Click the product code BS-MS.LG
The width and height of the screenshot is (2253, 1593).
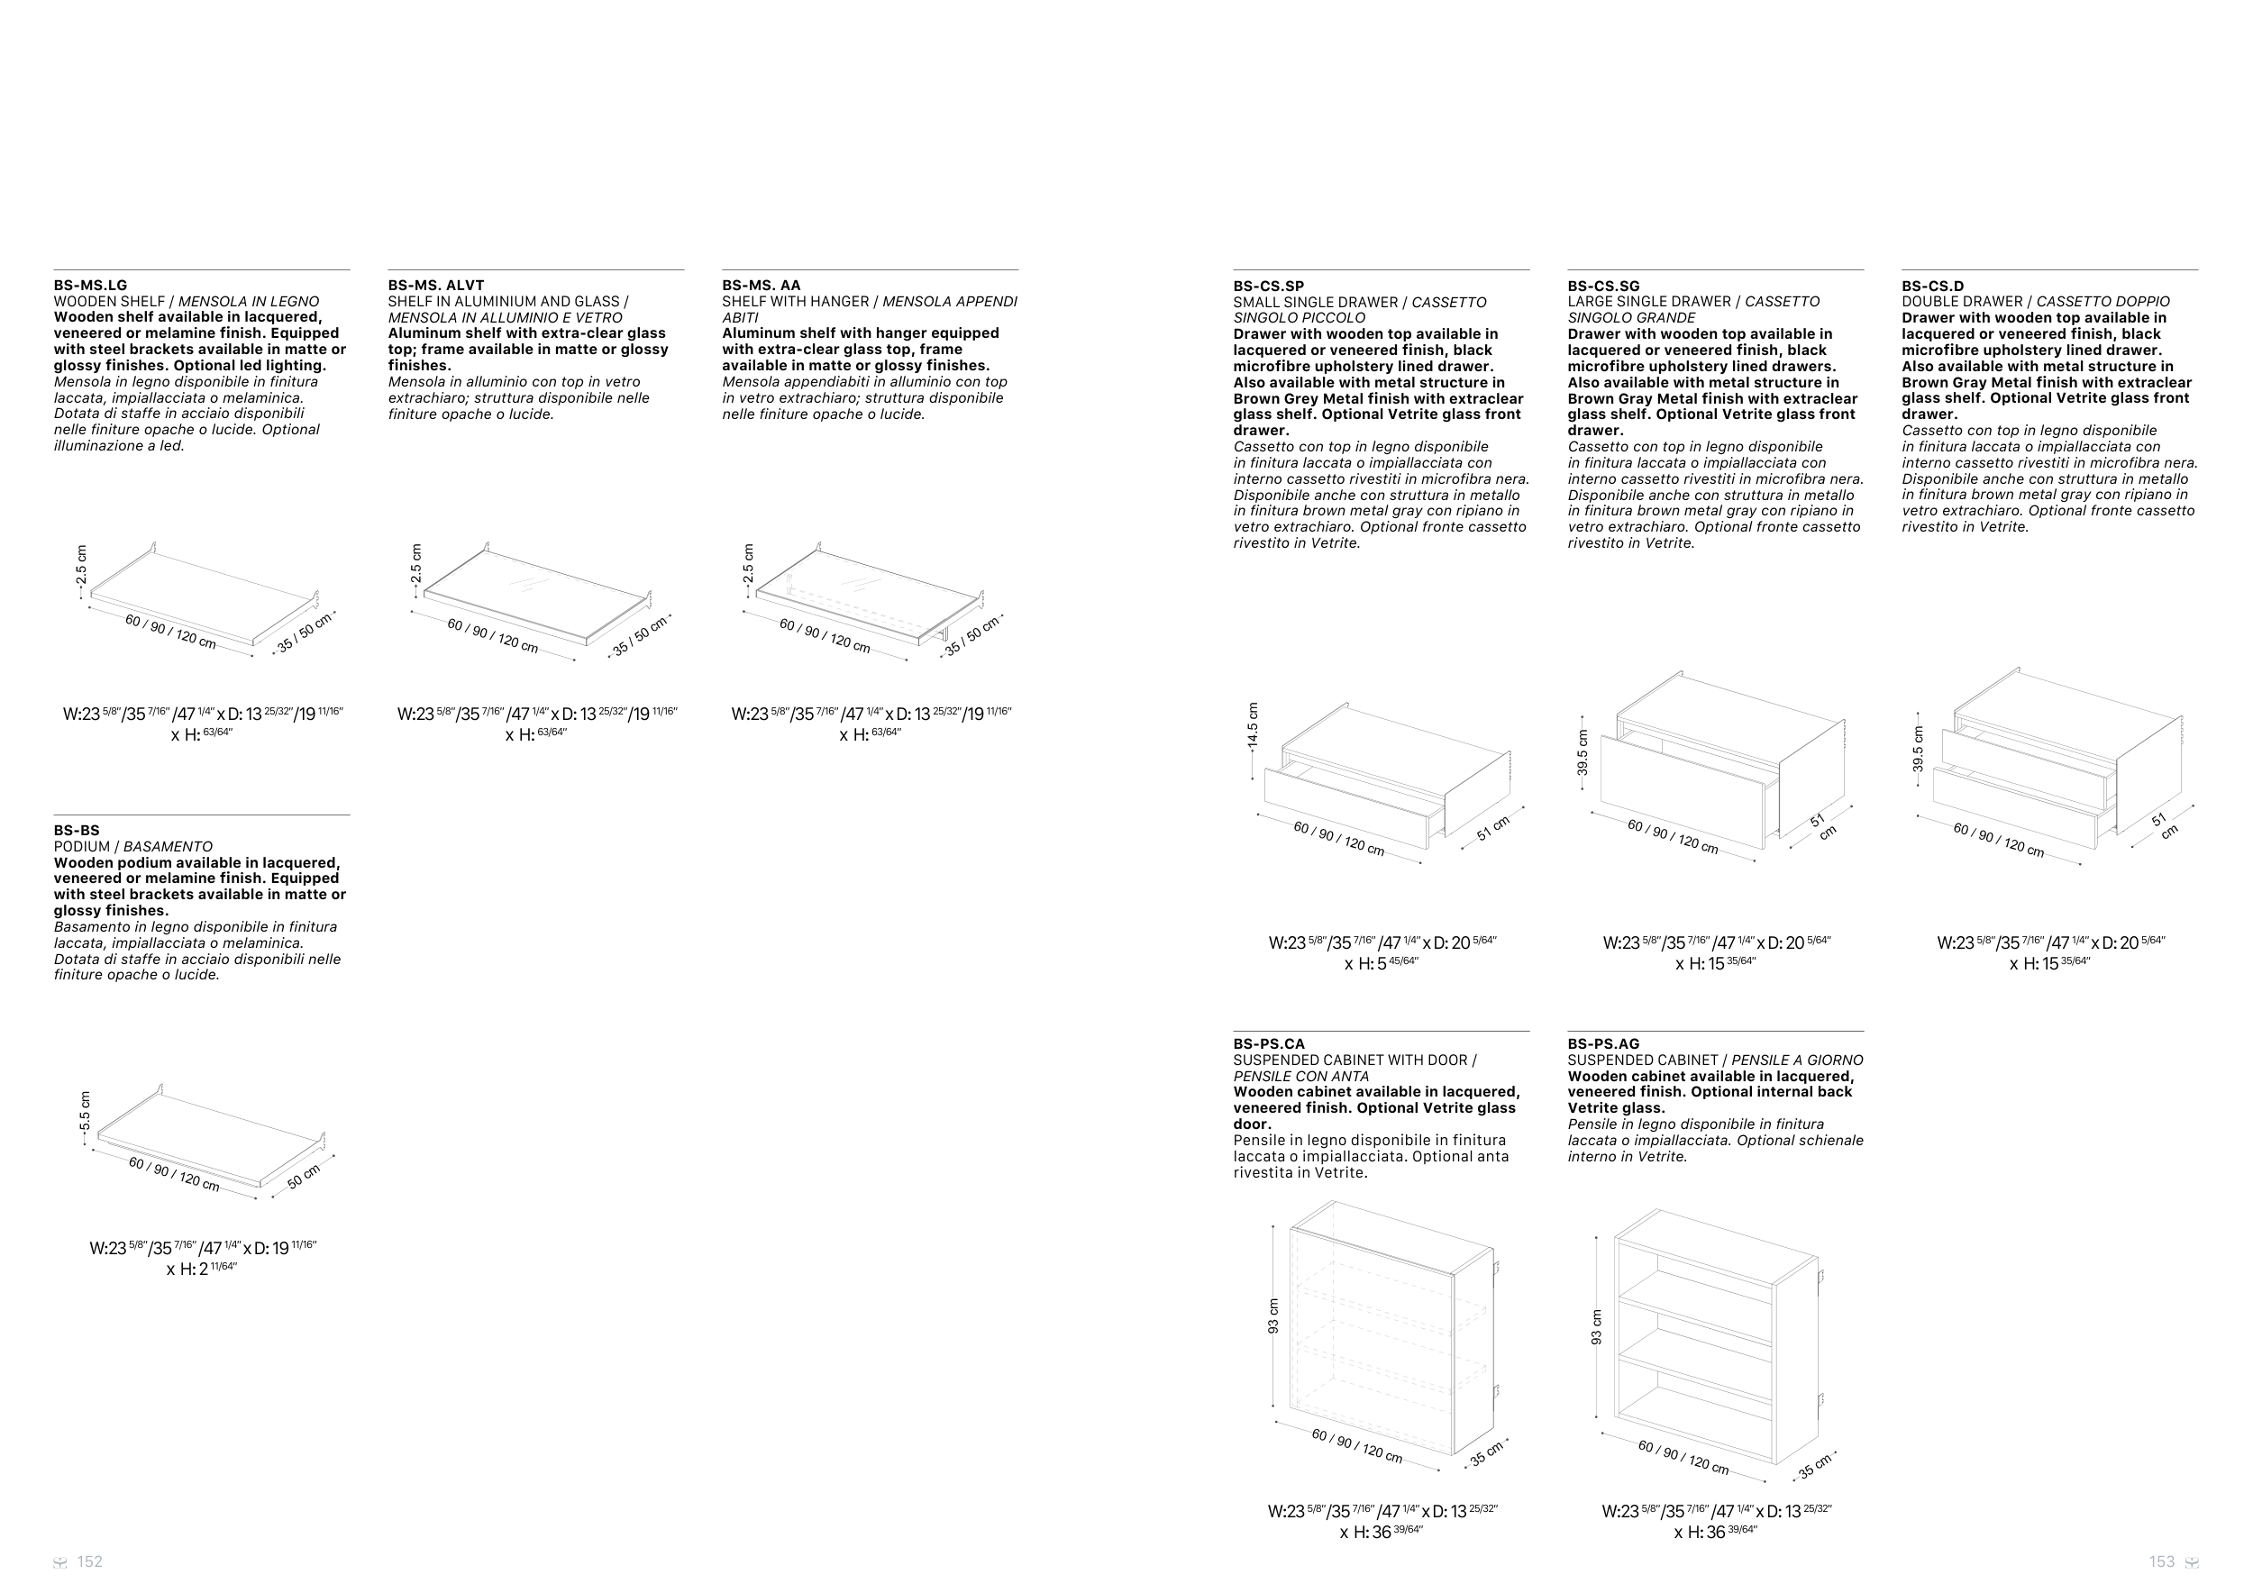point(90,286)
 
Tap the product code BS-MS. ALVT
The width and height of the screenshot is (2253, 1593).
point(435,286)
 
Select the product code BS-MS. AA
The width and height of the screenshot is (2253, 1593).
point(762,286)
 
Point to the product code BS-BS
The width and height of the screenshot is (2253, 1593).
point(77,830)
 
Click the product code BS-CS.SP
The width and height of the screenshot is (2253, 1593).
point(1269,287)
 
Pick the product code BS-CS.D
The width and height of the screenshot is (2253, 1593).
point(1933,287)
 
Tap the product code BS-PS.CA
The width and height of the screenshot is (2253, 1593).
point(1269,1043)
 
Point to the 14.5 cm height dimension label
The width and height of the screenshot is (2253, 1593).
point(1253,726)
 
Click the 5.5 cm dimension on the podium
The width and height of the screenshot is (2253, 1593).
point(86,1111)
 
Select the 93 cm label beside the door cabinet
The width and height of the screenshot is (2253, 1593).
point(1273,1316)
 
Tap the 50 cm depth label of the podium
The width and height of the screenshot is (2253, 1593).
point(305,1177)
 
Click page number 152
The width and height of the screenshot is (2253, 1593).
point(89,1561)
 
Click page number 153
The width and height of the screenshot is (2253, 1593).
point(2162,1561)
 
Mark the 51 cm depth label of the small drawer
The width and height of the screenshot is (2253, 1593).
point(1492,828)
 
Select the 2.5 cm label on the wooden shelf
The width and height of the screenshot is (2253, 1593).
point(81,565)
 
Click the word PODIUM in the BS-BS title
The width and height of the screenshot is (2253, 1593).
point(82,847)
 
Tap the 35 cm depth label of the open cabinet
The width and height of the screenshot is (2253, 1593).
point(1815,1467)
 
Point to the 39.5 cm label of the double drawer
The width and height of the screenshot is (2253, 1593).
point(1918,750)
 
